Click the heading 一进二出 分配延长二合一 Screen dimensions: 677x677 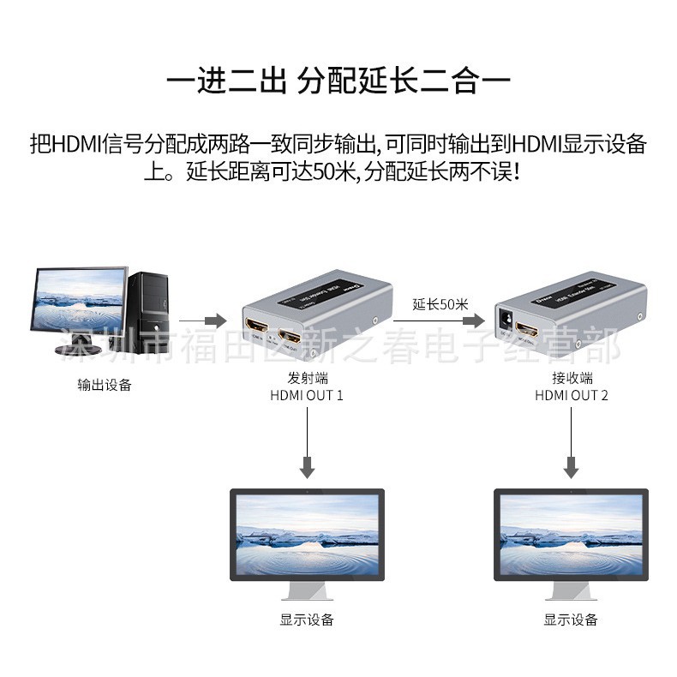(x=338, y=82)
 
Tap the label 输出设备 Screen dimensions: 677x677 (x=105, y=385)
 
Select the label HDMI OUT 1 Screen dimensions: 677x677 (x=307, y=395)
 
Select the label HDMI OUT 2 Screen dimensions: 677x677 (x=572, y=395)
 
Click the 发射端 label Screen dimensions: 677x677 (x=307, y=378)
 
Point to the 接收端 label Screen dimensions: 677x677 (x=572, y=378)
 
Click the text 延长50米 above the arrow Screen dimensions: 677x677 (x=440, y=303)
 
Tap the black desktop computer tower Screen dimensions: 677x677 (x=149, y=313)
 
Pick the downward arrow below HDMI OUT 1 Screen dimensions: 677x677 (x=308, y=441)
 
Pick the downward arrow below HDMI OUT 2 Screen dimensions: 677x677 (x=572, y=441)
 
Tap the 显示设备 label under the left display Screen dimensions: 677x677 (x=307, y=620)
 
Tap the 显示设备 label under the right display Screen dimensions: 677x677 (x=571, y=620)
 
